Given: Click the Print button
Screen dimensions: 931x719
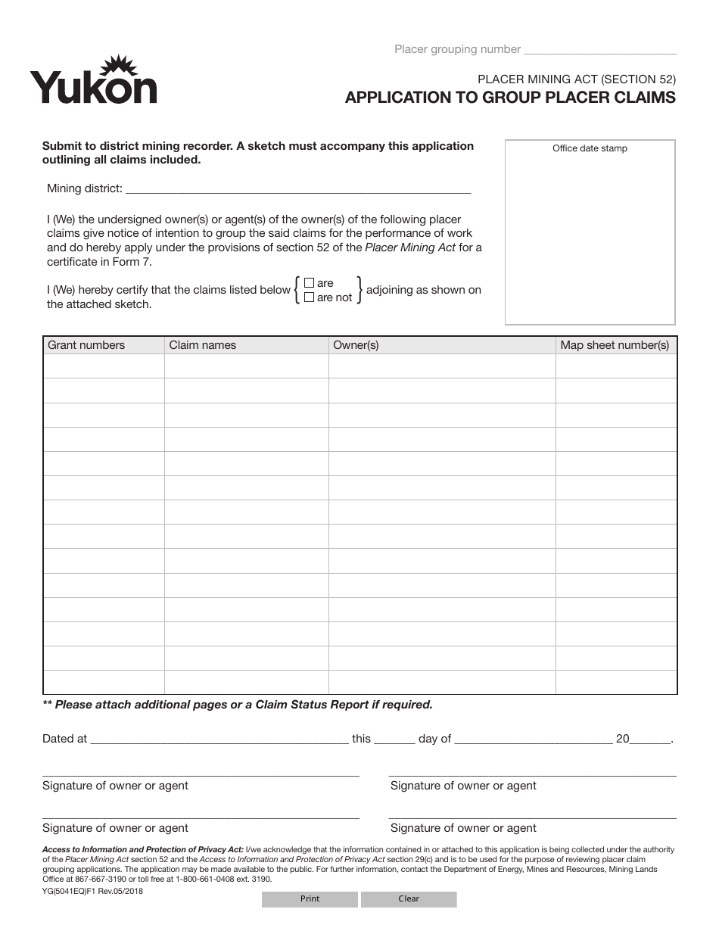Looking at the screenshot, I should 310,898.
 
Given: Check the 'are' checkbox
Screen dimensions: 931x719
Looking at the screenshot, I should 309,283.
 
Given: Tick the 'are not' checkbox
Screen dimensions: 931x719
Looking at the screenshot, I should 309,297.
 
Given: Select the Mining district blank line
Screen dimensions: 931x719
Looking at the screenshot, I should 297,188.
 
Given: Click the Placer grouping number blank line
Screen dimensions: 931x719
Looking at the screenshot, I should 600,50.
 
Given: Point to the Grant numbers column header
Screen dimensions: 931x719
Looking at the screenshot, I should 86,345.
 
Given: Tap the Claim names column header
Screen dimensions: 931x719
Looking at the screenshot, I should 203,345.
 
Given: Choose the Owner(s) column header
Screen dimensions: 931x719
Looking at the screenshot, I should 356,345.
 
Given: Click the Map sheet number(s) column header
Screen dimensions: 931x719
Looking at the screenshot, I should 615,345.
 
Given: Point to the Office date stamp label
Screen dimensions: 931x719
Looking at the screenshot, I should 590,148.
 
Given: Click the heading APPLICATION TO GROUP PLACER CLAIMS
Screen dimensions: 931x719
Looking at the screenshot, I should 510,98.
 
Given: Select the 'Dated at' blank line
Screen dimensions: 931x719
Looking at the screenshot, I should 219,740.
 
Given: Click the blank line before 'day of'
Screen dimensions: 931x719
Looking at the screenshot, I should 394,740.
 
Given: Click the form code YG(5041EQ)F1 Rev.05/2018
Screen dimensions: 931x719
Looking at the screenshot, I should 92,891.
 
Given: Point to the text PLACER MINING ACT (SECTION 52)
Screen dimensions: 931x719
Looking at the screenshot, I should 576,78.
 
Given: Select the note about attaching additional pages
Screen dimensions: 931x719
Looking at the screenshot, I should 238,705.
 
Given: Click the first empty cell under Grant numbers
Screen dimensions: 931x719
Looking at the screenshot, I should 104,366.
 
